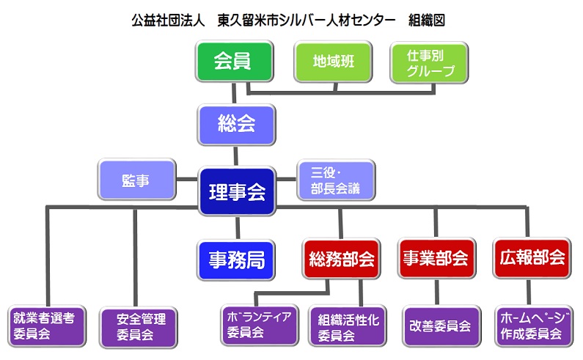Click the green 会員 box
[233, 62]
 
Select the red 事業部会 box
[436, 258]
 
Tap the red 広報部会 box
[532, 258]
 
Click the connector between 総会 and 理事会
[235, 156]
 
